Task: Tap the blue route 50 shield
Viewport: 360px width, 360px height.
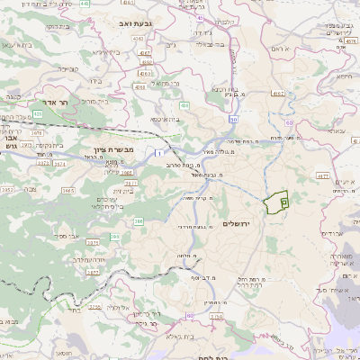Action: (234, 119)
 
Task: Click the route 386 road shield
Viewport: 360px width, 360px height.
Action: (138, 220)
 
